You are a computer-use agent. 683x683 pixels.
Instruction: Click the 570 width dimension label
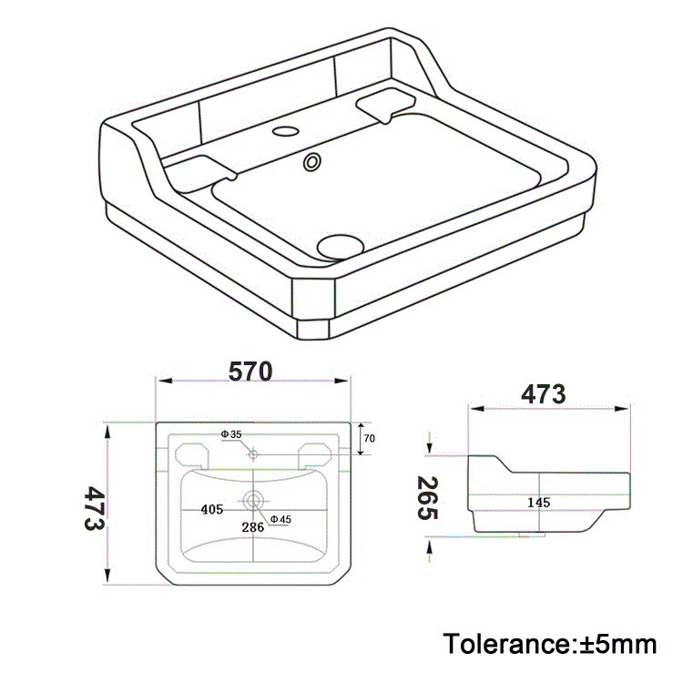click(250, 372)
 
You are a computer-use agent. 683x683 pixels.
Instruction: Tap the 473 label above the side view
click(544, 394)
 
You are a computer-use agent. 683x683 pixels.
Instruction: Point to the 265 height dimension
click(427, 498)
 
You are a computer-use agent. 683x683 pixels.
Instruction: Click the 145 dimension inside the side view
click(538, 502)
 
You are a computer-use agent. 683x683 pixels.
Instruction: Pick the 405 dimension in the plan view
click(211, 510)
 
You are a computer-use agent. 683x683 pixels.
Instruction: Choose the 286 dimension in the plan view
click(252, 526)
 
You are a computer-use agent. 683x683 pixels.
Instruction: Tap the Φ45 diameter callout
click(280, 520)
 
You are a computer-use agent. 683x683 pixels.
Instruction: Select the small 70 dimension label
click(369, 438)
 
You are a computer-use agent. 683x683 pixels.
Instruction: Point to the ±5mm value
click(618, 644)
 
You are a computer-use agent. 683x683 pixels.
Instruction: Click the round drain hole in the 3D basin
click(340, 243)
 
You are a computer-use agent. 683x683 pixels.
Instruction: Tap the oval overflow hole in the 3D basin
click(312, 162)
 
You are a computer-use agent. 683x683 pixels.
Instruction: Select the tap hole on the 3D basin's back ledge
click(286, 130)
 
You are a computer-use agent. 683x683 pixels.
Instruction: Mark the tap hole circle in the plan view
click(253, 453)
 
